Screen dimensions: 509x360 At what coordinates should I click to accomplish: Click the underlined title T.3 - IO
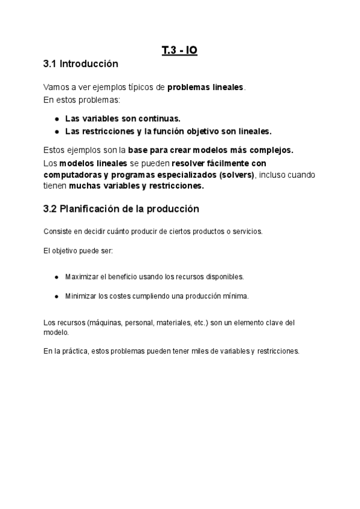tap(179, 51)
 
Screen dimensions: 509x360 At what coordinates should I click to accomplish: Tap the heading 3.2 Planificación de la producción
tap(121, 209)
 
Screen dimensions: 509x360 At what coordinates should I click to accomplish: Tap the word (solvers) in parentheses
tap(236, 174)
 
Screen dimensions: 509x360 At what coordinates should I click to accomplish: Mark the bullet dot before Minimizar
tap(56, 296)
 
